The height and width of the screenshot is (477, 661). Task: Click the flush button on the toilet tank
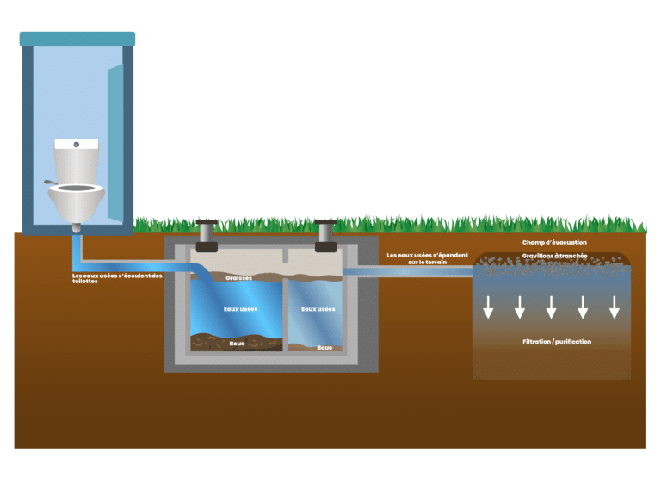click(x=77, y=145)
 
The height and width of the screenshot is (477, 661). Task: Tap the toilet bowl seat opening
click(x=77, y=188)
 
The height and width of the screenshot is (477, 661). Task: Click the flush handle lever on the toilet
click(x=50, y=183)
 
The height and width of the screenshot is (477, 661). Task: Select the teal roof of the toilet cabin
click(x=77, y=39)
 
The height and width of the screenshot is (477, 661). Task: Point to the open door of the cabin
click(x=115, y=143)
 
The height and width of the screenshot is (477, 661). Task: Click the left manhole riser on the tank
click(x=207, y=236)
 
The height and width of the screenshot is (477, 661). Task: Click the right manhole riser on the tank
click(x=326, y=236)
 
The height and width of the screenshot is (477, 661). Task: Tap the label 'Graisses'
click(x=238, y=278)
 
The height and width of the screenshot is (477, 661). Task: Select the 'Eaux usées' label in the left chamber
click(x=240, y=309)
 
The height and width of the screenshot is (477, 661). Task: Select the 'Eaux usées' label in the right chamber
click(x=318, y=309)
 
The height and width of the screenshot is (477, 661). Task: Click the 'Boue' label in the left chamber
click(x=237, y=344)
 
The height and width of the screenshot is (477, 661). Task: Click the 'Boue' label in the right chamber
click(x=324, y=348)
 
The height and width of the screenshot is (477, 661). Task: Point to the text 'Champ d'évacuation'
click(x=554, y=243)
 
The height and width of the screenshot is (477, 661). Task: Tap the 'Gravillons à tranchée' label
click(x=554, y=256)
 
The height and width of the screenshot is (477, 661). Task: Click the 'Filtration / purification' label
click(x=557, y=342)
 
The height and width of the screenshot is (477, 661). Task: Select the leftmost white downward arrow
click(x=488, y=307)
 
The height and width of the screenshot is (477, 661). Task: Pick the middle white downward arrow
click(x=552, y=307)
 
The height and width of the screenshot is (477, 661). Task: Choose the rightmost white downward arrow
click(x=615, y=307)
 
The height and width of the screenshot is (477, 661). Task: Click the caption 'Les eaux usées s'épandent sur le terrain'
click(x=428, y=258)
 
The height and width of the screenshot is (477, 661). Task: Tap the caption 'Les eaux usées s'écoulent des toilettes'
click(x=117, y=278)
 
